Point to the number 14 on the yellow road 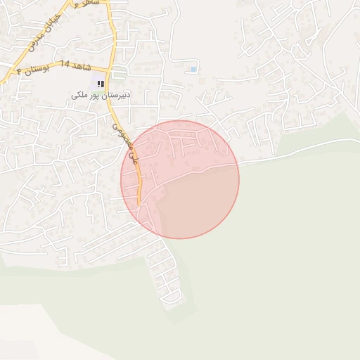[x=65, y=65]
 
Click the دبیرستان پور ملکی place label [x=89, y=94]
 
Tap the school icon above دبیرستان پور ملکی [x=100, y=84]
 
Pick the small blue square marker [x=193, y=69]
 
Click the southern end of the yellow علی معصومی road [x=139, y=204]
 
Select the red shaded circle [x=180, y=179]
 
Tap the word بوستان [x=38, y=69]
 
